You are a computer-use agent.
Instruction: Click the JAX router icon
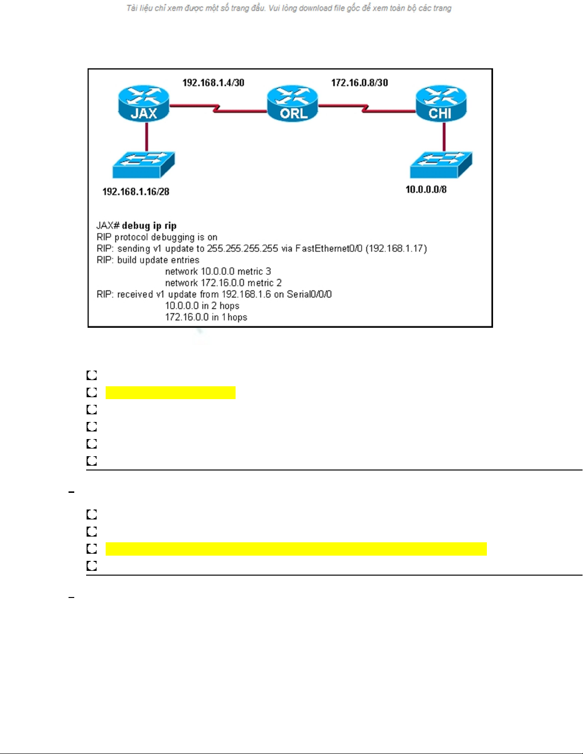(x=144, y=103)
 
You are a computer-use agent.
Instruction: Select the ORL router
(x=292, y=103)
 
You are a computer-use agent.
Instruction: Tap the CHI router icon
(x=441, y=103)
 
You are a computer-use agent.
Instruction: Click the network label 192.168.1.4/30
(x=213, y=83)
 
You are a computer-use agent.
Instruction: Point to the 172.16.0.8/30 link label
(x=360, y=83)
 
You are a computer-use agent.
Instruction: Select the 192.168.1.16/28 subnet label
(x=136, y=192)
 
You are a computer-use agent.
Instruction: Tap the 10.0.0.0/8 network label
(x=426, y=190)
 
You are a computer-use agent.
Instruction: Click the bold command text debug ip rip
(x=149, y=225)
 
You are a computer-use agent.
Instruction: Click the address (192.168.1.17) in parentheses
(x=396, y=248)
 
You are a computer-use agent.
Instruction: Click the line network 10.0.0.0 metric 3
(x=218, y=271)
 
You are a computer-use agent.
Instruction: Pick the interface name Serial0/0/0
(x=309, y=294)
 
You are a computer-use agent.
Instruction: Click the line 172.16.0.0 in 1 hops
(x=206, y=317)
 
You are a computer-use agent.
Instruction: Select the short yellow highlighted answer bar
(x=170, y=392)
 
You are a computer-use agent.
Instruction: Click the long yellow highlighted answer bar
(x=296, y=548)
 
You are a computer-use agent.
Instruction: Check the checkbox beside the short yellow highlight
(x=92, y=392)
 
